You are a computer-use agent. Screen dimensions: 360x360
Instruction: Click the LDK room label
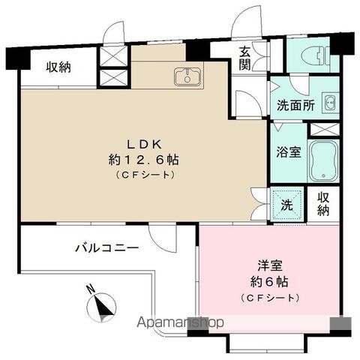coord(145,145)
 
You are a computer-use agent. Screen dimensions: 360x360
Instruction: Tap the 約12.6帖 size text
coord(144,160)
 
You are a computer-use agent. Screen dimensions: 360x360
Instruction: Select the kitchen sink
coord(187,76)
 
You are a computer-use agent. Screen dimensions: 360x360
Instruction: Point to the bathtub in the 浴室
coord(323,160)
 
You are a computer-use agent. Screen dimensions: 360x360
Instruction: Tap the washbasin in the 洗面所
coord(331,102)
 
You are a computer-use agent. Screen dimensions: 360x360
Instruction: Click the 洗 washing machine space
coord(287,205)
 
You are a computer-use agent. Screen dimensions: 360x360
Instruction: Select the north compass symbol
coord(101,305)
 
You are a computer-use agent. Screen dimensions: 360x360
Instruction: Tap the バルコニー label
coord(107,248)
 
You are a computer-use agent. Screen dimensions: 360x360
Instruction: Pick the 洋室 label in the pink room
coord(270,265)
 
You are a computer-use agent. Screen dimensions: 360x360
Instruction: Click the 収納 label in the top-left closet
coord(58,67)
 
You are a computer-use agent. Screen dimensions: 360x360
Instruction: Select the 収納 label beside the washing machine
coord(323,204)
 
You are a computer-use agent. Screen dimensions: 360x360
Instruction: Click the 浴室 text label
coord(289,152)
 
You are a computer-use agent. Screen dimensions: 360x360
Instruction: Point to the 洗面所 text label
coord(295,106)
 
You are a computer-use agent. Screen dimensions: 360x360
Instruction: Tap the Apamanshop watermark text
coord(180,322)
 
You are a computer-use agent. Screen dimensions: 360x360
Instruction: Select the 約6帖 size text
coord(269,282)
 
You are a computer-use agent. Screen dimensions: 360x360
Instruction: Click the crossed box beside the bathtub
coord(325,130)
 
